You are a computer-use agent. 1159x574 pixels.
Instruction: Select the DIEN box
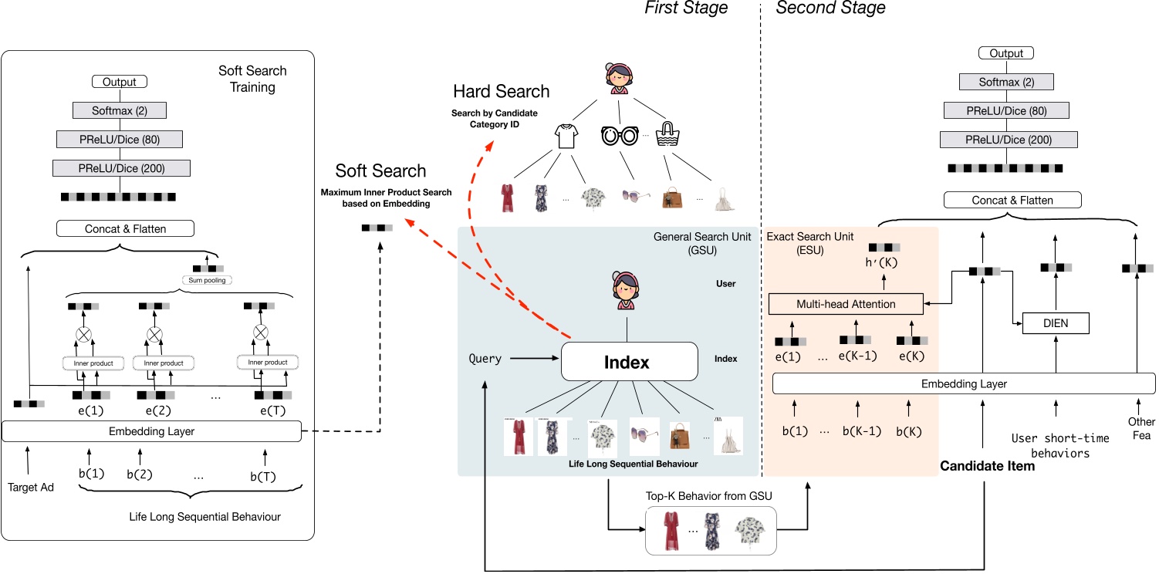(1055, 323)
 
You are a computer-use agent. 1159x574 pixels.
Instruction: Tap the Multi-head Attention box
(846, 304)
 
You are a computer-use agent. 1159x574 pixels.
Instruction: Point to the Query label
(485, 359)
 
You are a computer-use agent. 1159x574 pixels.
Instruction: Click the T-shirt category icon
(567, 137)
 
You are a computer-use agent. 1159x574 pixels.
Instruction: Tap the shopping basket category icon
(667, 137)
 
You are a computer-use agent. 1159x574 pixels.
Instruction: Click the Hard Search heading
(501, 92)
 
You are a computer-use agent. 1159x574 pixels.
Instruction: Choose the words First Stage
(686, 8)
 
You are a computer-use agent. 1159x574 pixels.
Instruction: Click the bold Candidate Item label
(987, 466)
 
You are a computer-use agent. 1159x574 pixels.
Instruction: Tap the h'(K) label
(883, 262)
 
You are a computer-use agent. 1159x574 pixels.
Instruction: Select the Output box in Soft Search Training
(119, 82)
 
